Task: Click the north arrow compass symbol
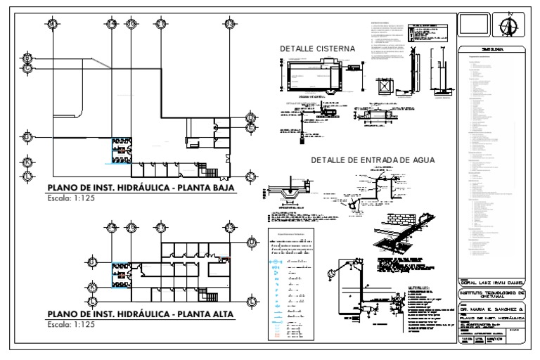506,26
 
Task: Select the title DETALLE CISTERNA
318,49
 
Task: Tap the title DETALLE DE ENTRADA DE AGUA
373,160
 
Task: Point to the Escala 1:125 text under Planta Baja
70,199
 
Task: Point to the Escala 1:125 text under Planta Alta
70,326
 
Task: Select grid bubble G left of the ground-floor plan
27,137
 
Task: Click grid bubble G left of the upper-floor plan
92,263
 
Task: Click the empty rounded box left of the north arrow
473,26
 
